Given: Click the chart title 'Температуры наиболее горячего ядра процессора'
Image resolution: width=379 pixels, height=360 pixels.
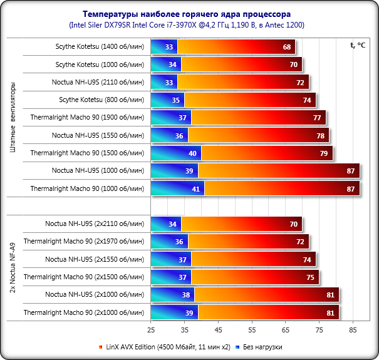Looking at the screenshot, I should (x=189, y=13).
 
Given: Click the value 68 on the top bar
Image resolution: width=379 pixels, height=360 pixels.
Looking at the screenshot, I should (x=287, y=47).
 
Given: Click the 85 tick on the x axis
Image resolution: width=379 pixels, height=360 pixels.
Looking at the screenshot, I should (x=353, y=329).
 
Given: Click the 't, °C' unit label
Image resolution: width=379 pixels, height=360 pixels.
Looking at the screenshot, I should (x=358, y=44).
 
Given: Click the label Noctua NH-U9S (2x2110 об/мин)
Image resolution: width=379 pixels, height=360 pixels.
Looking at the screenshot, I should (x=95, y=224).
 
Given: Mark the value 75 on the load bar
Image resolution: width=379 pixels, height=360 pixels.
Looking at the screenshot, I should (x=311, y=276).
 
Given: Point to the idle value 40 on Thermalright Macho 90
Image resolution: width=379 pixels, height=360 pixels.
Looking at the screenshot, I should (x=192, y=153).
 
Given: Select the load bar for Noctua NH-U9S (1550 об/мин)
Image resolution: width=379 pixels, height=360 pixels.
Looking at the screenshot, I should (x=257, y=135).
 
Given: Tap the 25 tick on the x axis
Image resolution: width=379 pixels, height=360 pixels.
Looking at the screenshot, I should (x=151, y=329).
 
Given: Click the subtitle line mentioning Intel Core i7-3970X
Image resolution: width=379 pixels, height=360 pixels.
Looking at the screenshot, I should (x=189, y=24).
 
